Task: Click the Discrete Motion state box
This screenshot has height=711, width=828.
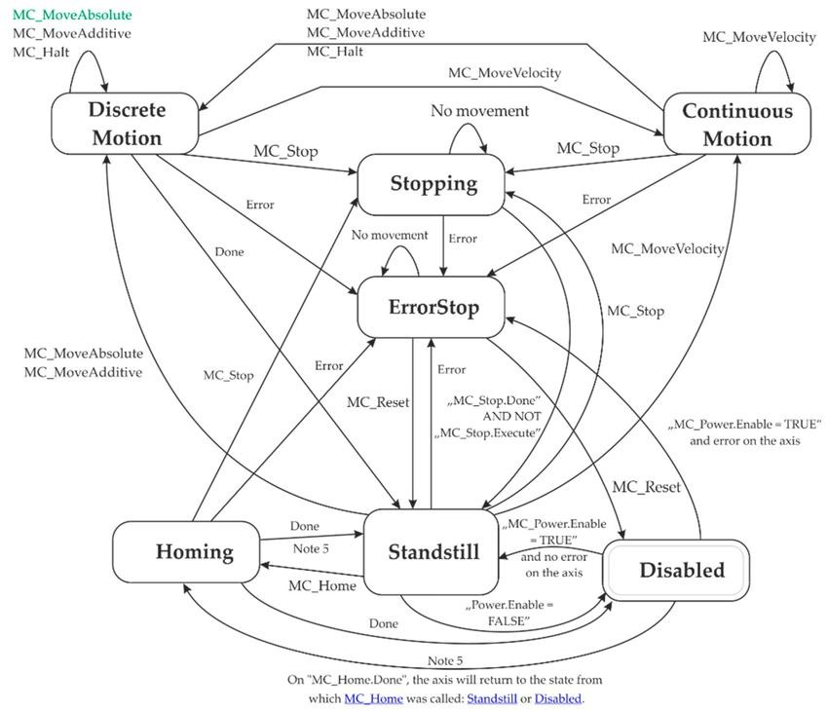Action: [125, 124]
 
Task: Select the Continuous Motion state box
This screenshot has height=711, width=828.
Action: [737, 124]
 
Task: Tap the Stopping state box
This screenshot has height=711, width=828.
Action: [431, 184]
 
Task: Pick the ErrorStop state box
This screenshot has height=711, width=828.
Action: [431, 307]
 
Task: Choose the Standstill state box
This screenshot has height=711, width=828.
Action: [432, 551]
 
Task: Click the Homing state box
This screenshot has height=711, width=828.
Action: [186, 552]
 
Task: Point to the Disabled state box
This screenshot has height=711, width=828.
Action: [676, 570]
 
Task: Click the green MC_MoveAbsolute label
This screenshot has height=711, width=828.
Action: [72, 15]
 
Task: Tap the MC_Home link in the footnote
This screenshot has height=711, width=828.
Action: [373, 698]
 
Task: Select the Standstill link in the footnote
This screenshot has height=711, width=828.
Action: [492, 698]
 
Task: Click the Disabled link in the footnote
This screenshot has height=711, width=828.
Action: [558, 698]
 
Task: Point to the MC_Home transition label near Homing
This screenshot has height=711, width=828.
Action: [322, 585]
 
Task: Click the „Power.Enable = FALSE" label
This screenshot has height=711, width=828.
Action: [509, 613]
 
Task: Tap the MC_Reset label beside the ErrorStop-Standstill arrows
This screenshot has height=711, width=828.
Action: [378, 402]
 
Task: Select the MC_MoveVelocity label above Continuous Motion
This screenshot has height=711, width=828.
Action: [760, 37]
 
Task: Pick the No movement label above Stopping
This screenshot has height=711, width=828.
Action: [479, 110]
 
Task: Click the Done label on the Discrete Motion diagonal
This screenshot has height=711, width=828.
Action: [229, 252]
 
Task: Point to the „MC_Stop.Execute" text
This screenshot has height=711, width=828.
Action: [487, 432]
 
